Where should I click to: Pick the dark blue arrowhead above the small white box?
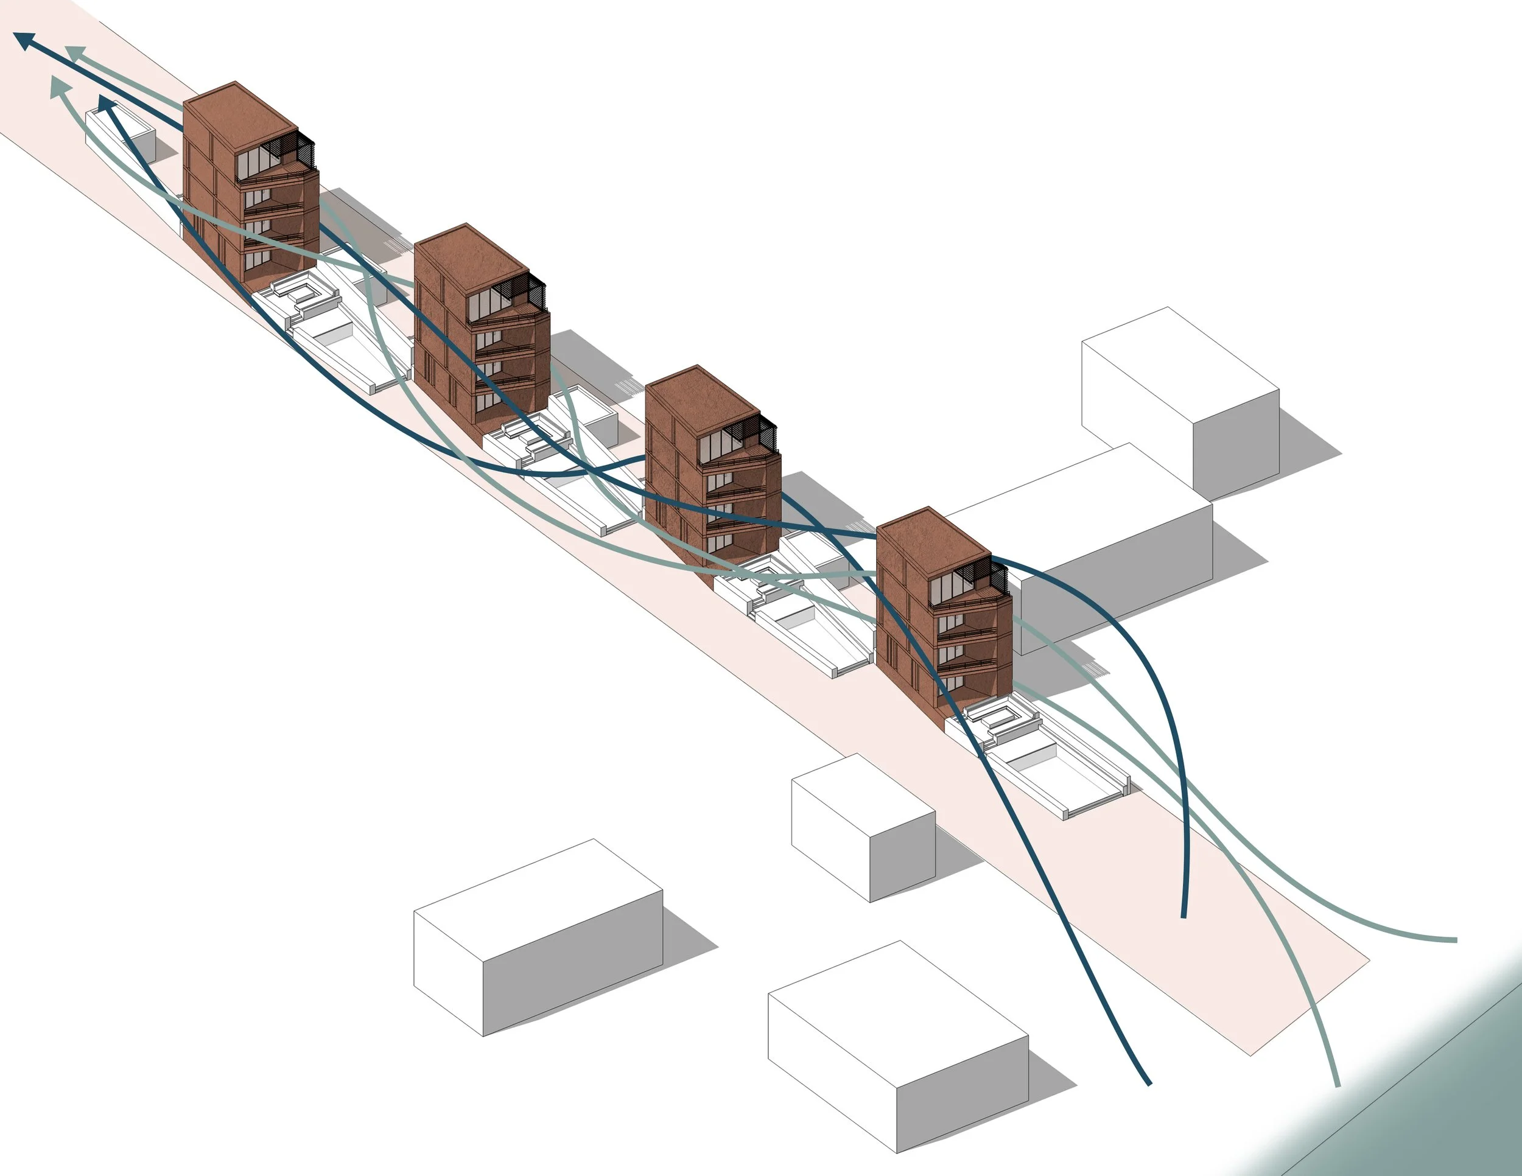coord(107,105)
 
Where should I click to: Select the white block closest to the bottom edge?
coord(899,1045)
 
